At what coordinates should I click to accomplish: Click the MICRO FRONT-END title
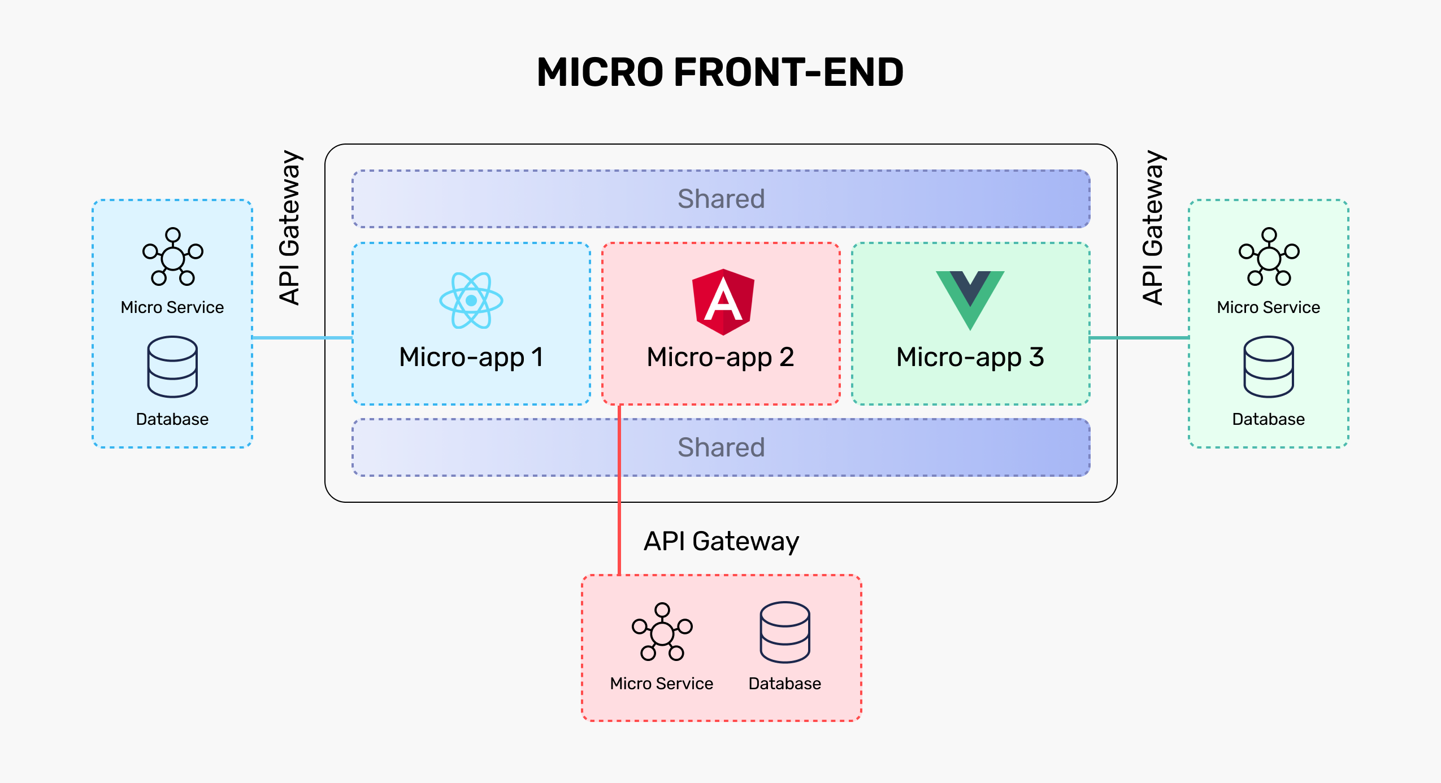coord(720,73)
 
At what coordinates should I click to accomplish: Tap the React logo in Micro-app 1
coord(471,300)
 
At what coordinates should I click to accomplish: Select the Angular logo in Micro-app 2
coord(723,302)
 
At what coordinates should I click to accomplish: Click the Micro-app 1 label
coord(471,357)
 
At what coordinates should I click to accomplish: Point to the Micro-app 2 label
coord(720,357)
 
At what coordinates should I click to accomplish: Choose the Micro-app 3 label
coord(970,357)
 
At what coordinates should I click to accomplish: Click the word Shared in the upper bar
coord(721,199)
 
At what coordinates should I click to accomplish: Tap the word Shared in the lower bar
coord(721,447)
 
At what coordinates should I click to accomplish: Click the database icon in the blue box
coord(172,367)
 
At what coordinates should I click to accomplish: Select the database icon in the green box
coord(1269,367)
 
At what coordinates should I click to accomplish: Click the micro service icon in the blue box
coord(172,257)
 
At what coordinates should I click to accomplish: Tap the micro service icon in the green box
coord(1269,257)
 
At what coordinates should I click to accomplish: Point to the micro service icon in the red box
coord(662,632)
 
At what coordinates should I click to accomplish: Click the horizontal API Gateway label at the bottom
coord(722,541)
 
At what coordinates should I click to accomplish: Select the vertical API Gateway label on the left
coord(290,228)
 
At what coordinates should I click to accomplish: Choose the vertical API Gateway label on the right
coord(1153,228)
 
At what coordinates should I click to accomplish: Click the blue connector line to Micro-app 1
coord(302,338)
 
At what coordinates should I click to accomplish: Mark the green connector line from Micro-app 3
coord(1139,338)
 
